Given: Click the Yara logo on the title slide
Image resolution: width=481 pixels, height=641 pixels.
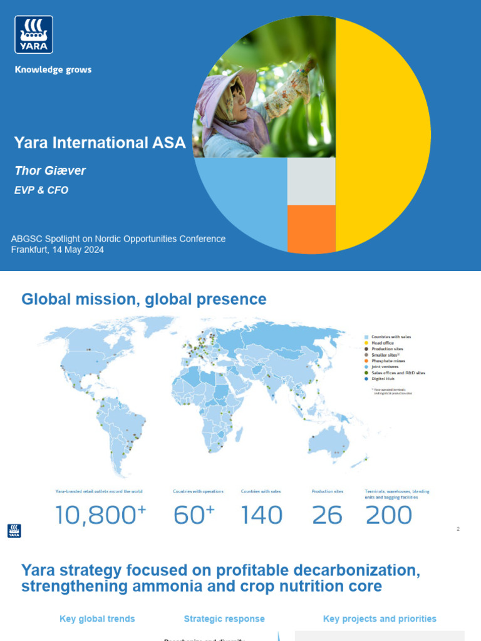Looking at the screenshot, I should tap(34, 34).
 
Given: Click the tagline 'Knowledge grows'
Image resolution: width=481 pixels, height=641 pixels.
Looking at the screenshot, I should tap(53, 69).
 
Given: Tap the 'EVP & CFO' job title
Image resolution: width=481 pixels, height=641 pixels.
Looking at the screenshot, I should tap(41, 190).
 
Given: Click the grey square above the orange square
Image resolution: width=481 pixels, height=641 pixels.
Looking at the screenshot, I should tap(311, 182).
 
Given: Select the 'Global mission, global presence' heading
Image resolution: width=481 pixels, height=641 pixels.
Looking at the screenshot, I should tap(144, 299).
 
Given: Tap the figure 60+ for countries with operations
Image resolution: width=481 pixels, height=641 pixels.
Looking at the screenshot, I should tap(194, 515).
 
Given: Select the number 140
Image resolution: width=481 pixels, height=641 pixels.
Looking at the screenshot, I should tap(262, 515).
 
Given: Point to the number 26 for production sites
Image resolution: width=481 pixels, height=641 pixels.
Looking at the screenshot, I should tap(327, 515).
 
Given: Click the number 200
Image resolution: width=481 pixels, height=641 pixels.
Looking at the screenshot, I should tap(388, 515).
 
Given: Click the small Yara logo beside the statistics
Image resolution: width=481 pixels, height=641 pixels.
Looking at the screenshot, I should tap(14, 530).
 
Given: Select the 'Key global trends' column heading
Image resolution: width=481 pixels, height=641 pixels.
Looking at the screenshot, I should tap(97, 618).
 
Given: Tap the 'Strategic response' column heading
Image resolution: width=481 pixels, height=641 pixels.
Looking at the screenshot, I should tap(224, 618).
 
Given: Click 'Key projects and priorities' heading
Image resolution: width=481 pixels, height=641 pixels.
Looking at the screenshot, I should tap(380, 618).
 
